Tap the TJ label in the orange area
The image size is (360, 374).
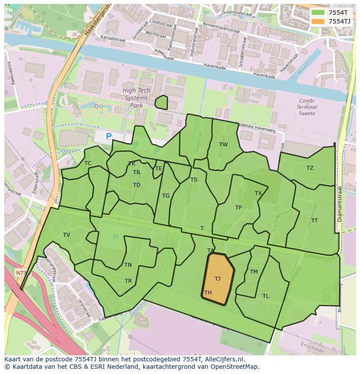tap(217, 278)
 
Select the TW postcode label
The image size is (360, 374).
tap(223, 145)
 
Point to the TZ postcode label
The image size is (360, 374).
tap(310, 168)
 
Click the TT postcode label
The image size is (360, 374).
tap(314, 221)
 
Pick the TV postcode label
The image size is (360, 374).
tap(67, 235)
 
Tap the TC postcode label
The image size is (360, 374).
tap(88, 163)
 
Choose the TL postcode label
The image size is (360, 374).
tap(266, 296)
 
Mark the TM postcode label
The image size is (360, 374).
tap(254, 272)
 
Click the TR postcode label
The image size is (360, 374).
tap(128, 281)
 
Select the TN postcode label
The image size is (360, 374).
tap(128, 265)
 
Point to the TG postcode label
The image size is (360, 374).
tap(166, 196)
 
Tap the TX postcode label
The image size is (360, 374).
tap(258, 193)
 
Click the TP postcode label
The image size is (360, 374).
tap(238, 208)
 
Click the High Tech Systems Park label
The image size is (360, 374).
tap(136, 98)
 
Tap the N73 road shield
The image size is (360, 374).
tap(20, 273)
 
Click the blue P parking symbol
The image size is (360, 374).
tap(109, 136)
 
